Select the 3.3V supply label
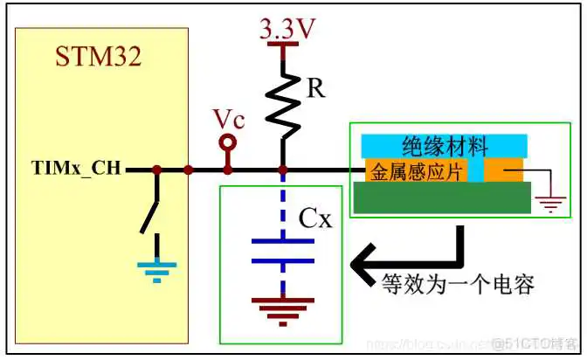coord(281,30)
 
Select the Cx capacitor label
coord(315,218)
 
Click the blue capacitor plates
coord(281,250)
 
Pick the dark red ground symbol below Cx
coord(281,308)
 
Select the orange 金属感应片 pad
coord(415,170)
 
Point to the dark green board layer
coord(445,197)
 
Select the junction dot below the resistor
coord(281,169)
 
